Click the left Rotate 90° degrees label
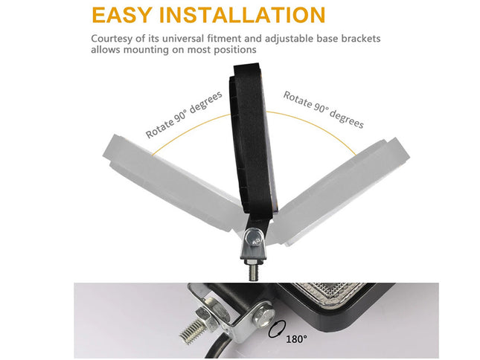184,116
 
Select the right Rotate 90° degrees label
323,109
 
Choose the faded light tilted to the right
339,186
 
